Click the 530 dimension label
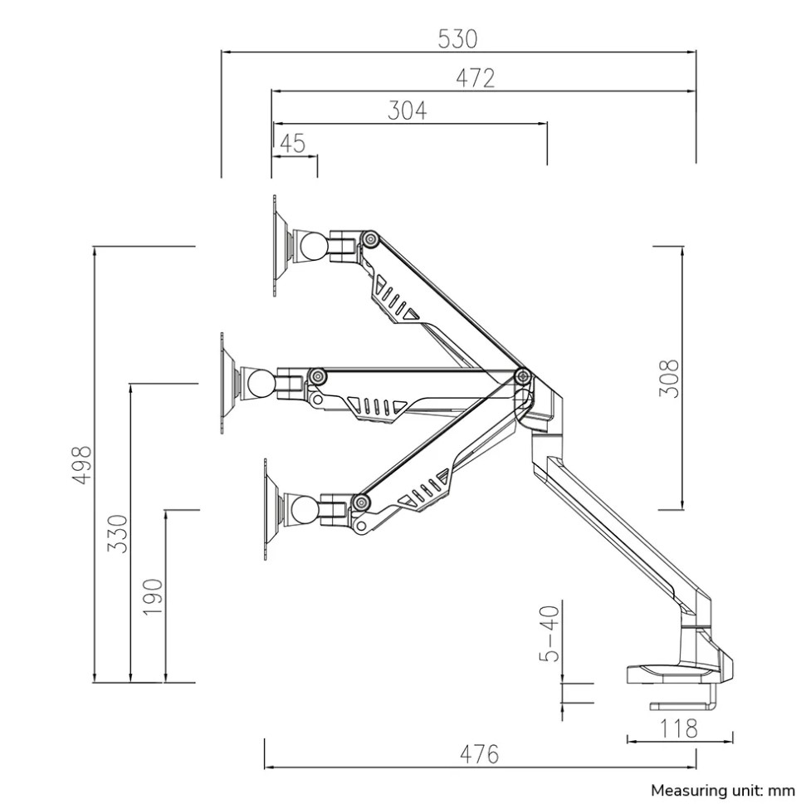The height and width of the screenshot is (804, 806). [x=457, y=39]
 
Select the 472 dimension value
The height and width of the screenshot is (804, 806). [x=476, y=78]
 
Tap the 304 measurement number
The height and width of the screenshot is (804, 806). [x=407, y=110]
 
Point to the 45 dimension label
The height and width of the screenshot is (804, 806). [x=293, y=144]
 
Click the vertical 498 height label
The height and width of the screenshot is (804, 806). [x=81, y=465]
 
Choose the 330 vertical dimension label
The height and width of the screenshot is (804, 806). [x=117, y=533]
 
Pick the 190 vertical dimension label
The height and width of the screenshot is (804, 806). [x=153, y=596]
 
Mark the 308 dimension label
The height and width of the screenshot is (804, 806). [x=669, y=379]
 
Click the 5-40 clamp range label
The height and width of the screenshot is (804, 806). [x=549, y=633]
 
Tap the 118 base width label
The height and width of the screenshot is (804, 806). [x=678, y=728]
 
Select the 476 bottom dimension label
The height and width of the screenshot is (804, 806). [x=479, y=755]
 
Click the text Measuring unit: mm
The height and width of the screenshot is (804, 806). [x=723, y=790]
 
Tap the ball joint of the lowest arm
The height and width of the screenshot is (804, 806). [x=305, y=510]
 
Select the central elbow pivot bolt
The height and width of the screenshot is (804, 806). [x=523, y=376]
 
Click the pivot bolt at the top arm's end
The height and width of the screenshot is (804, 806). [x=369, y=239]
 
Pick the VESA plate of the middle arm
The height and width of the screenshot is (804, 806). [x=225, y=383]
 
